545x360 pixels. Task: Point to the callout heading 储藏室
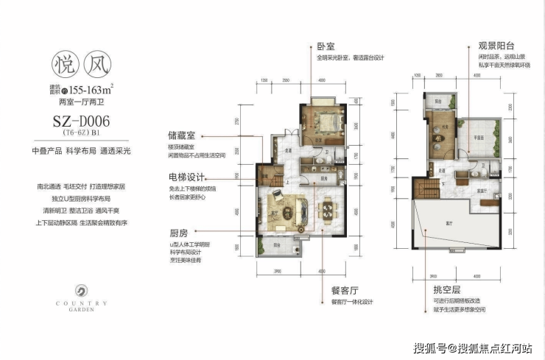pyautogui.click(x=181, y=136)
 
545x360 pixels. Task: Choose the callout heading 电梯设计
pyautogui.click(x=186, y=177)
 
